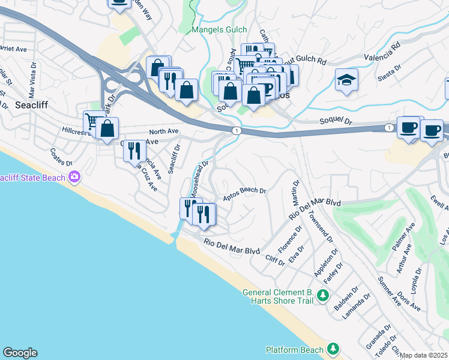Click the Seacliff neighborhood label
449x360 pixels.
[x=31, y=104]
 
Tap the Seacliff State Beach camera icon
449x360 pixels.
[x=74, y=176]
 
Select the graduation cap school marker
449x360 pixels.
[x=347, y=80]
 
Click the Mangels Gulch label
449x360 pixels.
[x=219, y=29]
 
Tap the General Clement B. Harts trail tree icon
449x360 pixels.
[x=323, y=295]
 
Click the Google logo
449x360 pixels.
[x=20, y=353]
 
